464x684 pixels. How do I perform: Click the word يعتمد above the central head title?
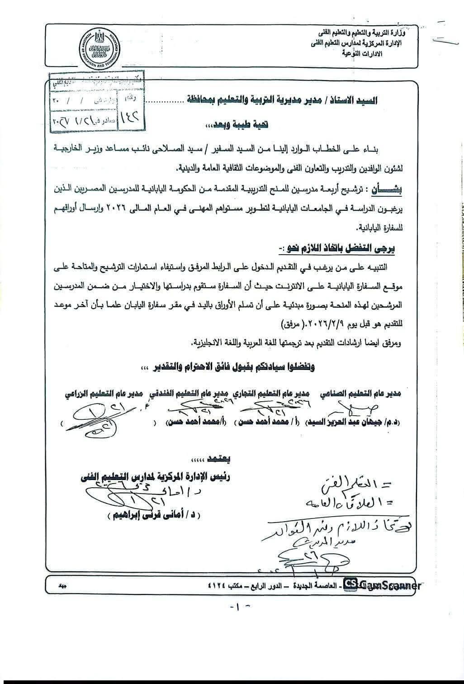(x=220, y=460)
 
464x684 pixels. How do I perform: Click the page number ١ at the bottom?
(x=236, y=607)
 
